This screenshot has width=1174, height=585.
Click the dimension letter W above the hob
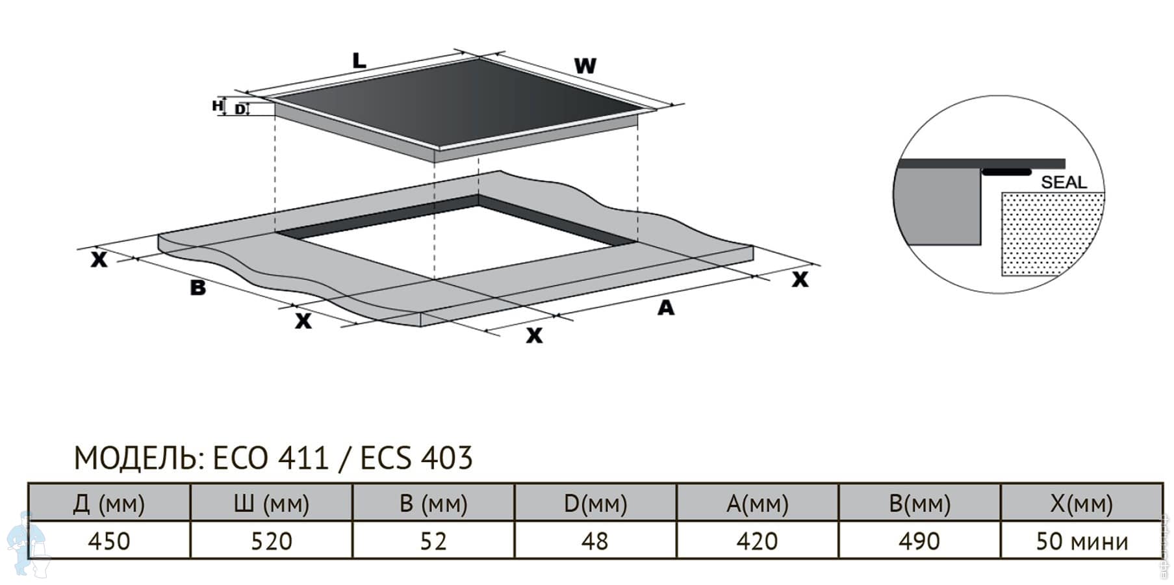(585, 66)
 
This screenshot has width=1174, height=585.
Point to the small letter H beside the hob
(218, 105)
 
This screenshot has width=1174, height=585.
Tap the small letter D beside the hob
(240, 109)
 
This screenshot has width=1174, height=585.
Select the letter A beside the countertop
(666, 307)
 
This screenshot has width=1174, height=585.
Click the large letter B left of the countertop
(198, 287)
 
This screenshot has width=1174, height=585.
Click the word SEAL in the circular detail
(1064, 183)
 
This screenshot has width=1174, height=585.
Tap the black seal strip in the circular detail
(1006, 172)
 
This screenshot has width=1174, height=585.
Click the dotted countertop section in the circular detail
(1051, 234)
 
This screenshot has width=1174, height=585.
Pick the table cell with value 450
(109, 540)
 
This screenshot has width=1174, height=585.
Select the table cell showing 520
(272, 540)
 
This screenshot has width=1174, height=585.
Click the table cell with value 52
(433, 540)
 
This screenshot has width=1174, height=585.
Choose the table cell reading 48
(595, 540)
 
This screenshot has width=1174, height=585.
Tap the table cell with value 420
(758, 540)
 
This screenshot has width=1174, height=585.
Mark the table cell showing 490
(919, 540)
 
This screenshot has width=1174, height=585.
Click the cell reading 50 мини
(1082, 540)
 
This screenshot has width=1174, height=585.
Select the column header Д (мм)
(109, 502)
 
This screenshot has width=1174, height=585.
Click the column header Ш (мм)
(272, 502)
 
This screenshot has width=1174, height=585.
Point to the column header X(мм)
(1082, 502)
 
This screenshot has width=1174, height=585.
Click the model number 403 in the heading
(447, 458)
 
